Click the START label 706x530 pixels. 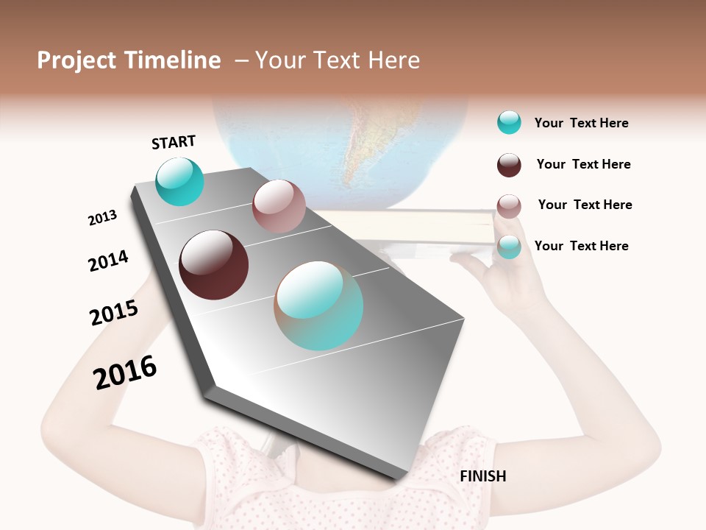174,142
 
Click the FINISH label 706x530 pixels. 482,476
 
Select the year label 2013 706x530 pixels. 102,218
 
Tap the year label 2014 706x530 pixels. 108,261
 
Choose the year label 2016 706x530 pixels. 125,372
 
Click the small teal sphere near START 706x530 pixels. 179,181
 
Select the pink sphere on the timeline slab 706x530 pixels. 279,206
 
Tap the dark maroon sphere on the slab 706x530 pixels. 213,265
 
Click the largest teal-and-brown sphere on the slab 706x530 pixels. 319,305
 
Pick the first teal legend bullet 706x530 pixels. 509,122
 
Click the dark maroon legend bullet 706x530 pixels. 509,165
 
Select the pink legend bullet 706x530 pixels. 509,206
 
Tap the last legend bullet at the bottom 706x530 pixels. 509,247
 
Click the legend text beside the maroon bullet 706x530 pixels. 583,164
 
